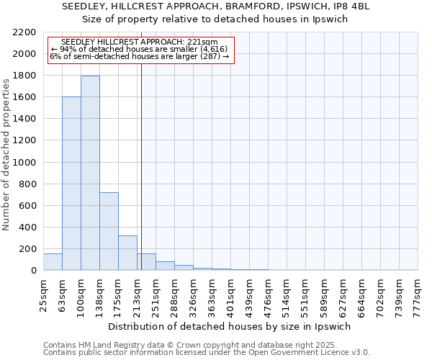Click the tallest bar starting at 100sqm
point(90,173)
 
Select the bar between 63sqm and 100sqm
point(71,184)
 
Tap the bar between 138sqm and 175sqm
point(109,231)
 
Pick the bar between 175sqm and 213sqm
point(127,253)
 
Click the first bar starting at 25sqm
point(53,262)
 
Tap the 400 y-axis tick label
point(28,228)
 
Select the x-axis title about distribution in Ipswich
point(230,326)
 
